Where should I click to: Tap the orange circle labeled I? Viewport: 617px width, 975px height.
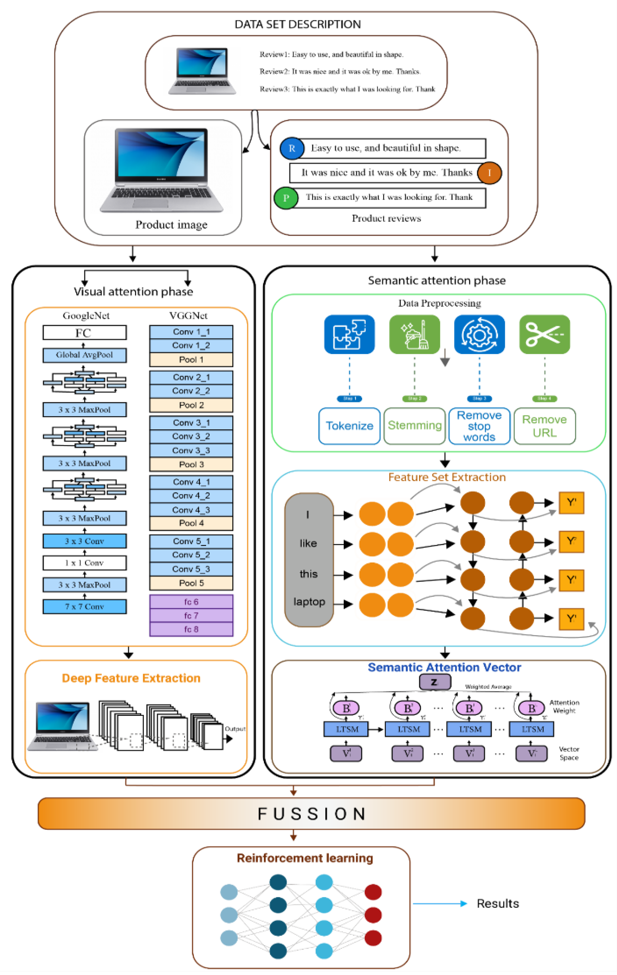(x=489, y=173)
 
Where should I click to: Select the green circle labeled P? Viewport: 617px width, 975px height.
(x=286, y=198)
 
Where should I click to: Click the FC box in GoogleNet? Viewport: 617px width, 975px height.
(x=84, y=333)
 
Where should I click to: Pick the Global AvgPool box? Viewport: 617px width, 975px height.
(x=84, y=355)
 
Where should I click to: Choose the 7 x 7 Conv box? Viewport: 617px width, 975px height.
(x=84, y=606)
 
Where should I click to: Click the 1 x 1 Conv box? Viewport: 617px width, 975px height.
(x=84, y=563)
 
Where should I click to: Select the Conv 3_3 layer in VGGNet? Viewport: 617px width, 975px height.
(x=191, y=450)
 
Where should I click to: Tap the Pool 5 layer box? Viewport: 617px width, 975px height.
(x=191, y=583)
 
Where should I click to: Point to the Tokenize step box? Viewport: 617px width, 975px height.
(x=350, y=426)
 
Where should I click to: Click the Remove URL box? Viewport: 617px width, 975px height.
(x=545, y=426)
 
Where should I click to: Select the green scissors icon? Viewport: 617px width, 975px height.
(x=545, y=334)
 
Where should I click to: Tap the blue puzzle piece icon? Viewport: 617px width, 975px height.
(x=350, y=334)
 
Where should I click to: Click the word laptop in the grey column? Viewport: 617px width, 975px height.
(x=309, y=602)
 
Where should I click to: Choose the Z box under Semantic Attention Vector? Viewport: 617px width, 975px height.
(x=434, y=682)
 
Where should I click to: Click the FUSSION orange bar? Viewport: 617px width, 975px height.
(x=311, y=813)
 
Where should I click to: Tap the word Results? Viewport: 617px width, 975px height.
(x=497, y=903)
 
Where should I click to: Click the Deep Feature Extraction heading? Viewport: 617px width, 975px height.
(x=131, y=678)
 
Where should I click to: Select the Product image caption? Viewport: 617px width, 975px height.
(x=171, y=225)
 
